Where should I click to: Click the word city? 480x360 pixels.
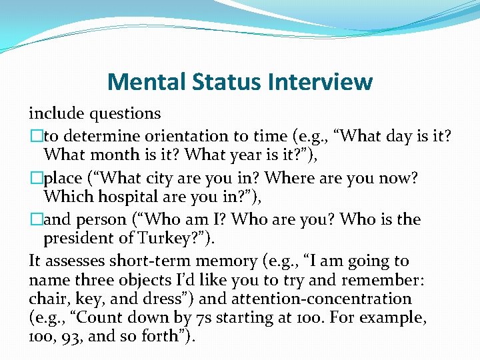164,178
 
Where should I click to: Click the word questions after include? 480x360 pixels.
117,114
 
